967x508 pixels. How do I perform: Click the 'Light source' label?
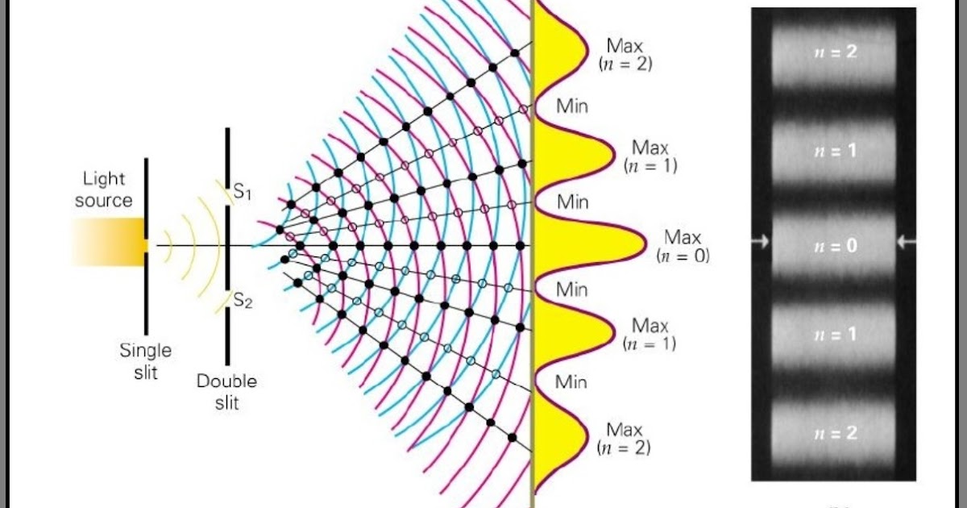pos(103,189)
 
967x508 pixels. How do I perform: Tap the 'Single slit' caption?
pos(145,361)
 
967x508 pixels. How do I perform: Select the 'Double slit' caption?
pos(226,391)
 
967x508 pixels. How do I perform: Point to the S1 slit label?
pos(243,193)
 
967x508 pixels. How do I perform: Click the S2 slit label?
pos(243,301)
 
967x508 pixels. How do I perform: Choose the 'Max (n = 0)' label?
pos(683,246)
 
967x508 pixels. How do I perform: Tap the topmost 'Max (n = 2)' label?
pos(625,54)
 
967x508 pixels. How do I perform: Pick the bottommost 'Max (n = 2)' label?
pos(625,437)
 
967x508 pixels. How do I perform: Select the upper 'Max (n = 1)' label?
pos(650,156)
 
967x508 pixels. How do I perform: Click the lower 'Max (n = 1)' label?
pos(650,334)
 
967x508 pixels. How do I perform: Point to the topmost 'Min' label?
pos(572,106)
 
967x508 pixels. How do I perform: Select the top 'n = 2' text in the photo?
pos(834,52)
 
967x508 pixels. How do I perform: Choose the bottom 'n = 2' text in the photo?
pos(834,433)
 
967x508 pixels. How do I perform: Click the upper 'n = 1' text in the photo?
pos(834,151)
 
